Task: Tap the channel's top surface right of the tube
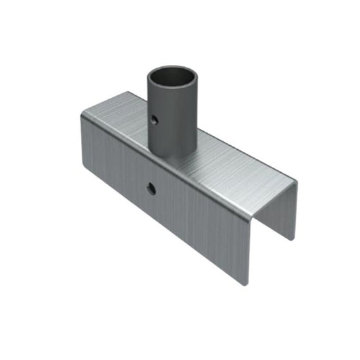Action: (236, 162)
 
